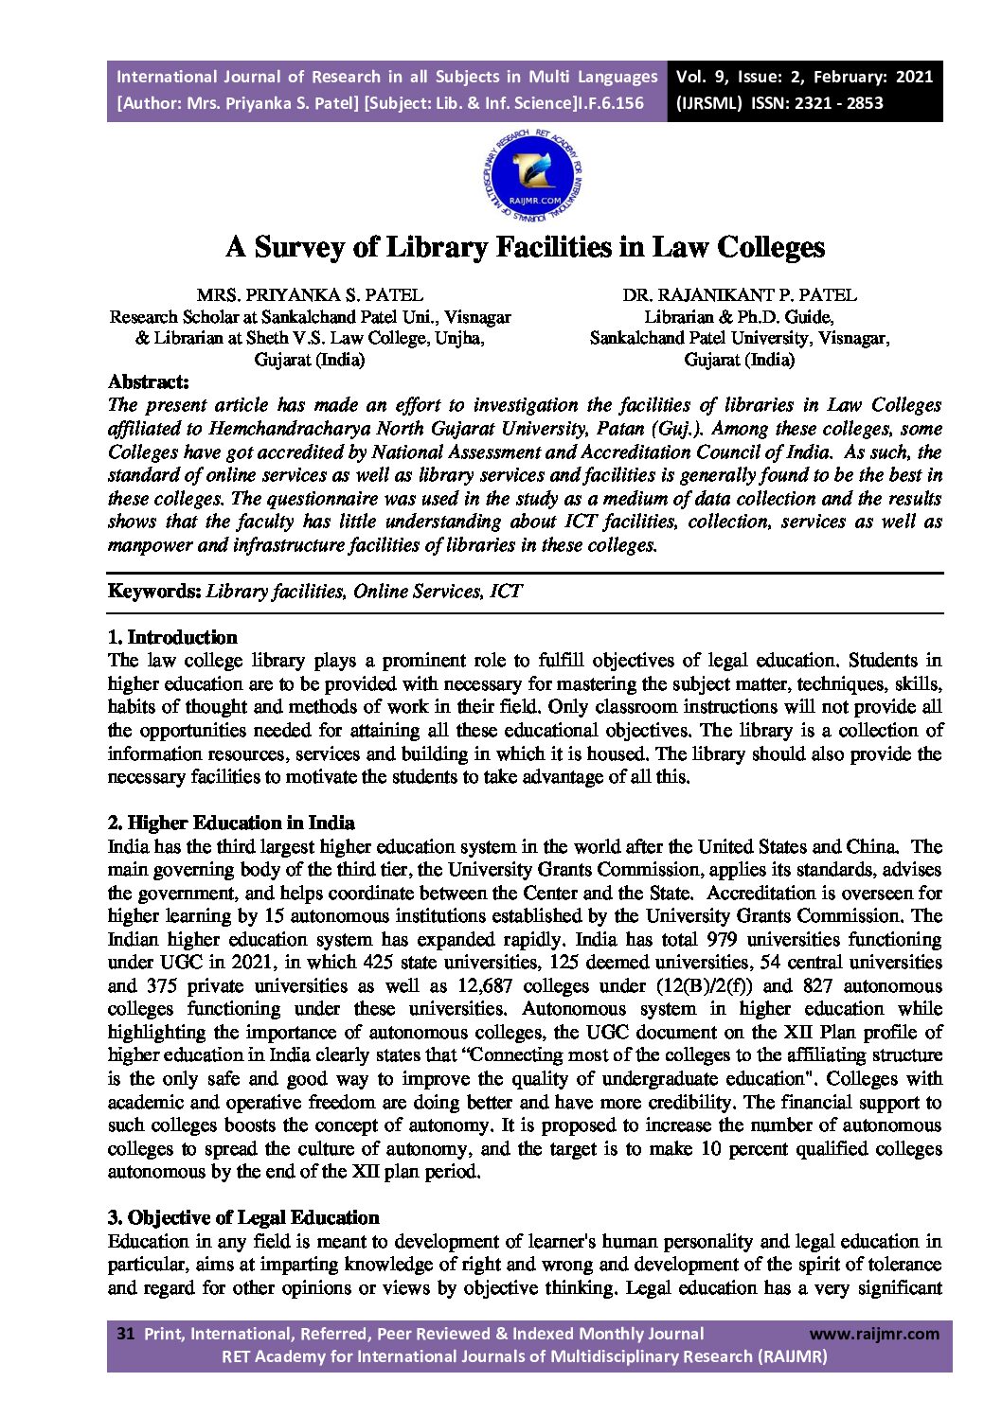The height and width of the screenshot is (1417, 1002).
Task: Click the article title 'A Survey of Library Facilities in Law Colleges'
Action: point(525,247)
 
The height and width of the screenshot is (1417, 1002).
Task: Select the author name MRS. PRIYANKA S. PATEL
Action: point(310,295)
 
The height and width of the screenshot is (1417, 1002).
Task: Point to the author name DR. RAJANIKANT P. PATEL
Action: point(739,295)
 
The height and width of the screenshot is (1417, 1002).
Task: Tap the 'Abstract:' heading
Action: point(149,381)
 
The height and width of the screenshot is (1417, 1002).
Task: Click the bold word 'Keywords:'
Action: point(154,592)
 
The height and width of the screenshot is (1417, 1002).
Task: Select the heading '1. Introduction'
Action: point(172,637)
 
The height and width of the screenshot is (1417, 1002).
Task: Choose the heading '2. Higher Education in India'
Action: point(231,823)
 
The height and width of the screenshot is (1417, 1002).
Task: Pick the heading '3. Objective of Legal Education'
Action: point(243,1217)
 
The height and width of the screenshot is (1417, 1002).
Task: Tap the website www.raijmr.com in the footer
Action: point(874,1334)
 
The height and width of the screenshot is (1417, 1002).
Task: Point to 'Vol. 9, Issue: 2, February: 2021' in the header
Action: point(804,77)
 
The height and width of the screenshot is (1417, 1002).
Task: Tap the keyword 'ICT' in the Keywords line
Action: point(507,592)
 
